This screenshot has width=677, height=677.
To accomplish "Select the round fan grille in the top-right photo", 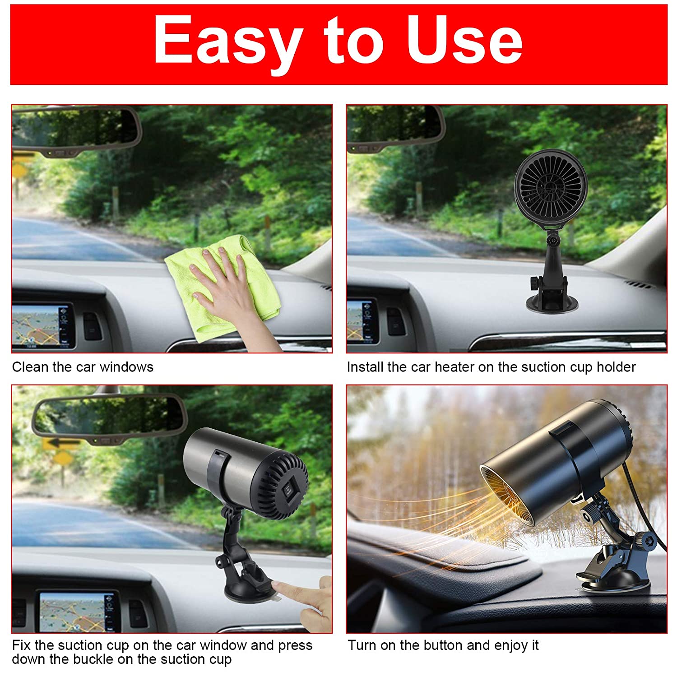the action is (x=551, y=184).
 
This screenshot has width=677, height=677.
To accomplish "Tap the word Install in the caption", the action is (x=365, y=367).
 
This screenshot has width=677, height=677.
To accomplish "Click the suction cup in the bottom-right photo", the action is (x=614, y=582).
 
